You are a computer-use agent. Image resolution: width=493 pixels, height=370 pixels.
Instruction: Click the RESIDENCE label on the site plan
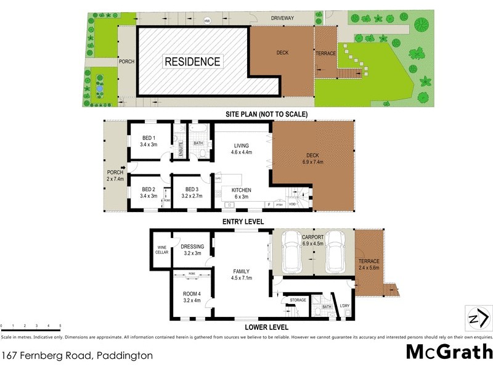(x=192, y=62)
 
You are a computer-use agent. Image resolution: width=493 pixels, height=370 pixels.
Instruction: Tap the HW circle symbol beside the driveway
(x=208, y=20)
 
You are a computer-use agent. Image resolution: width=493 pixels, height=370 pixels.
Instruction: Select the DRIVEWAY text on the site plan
(x=286, y=19)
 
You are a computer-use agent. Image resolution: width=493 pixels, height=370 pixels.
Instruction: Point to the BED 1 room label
(x=149, y=138)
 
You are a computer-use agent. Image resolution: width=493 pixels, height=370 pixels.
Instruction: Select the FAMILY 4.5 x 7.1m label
(x=241, y=274)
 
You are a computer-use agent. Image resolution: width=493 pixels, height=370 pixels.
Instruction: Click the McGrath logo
(x=449, y=351)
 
